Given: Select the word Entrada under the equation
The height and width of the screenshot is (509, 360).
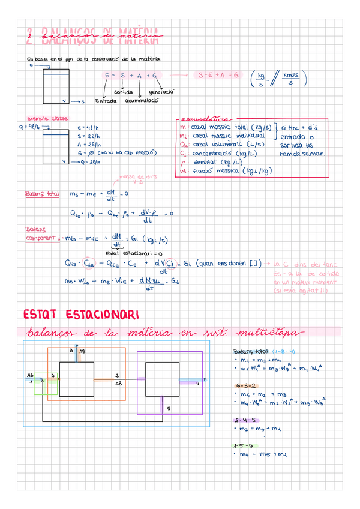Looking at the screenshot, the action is (107, 101).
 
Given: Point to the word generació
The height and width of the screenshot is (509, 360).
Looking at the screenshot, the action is (161, 92).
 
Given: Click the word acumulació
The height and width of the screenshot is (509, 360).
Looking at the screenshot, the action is (142, 101).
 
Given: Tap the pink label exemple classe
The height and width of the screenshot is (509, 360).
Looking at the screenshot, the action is (47, 118).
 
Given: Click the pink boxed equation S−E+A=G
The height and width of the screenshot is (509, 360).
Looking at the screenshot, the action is (218, 76).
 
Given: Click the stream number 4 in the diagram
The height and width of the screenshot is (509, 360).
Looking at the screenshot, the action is (197, 384).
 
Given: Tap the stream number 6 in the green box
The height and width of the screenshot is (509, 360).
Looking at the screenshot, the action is (53, 375).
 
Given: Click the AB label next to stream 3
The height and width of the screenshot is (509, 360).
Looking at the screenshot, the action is (82, 351).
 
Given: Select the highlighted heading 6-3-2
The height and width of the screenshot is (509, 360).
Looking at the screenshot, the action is (246, 384).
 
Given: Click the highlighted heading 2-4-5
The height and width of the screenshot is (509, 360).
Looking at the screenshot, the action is (246, 419).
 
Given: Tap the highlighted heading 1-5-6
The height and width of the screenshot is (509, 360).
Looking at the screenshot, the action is (246, 445).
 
